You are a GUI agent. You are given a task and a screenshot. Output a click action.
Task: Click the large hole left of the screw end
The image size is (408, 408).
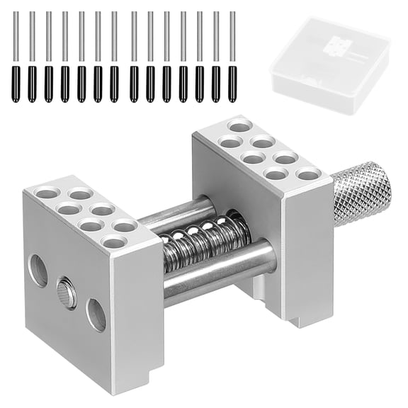point(38,271)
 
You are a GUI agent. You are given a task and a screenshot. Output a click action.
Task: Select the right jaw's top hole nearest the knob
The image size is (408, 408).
point(307,174)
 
